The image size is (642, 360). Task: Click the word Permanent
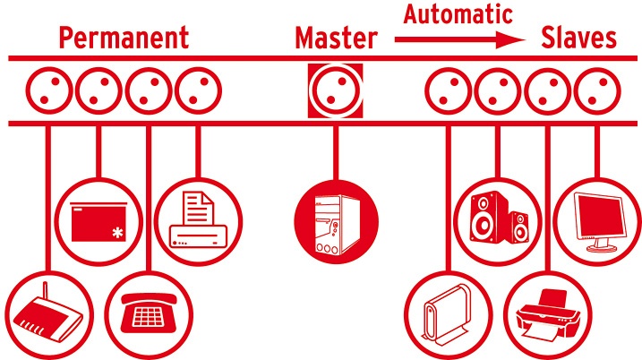tap(124, 38)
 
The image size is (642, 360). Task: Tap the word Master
tap(336, 38)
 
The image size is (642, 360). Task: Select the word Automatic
tap(458, 14)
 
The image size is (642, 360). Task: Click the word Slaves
tap(579, 38)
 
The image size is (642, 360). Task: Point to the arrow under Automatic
tap(459, 39)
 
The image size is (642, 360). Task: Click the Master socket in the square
tap(336, 90)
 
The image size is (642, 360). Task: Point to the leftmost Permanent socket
tap(47, 90)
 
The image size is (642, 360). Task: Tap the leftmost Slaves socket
tap(446, 90)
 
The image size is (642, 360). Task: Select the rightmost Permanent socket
tap(195, 90)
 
